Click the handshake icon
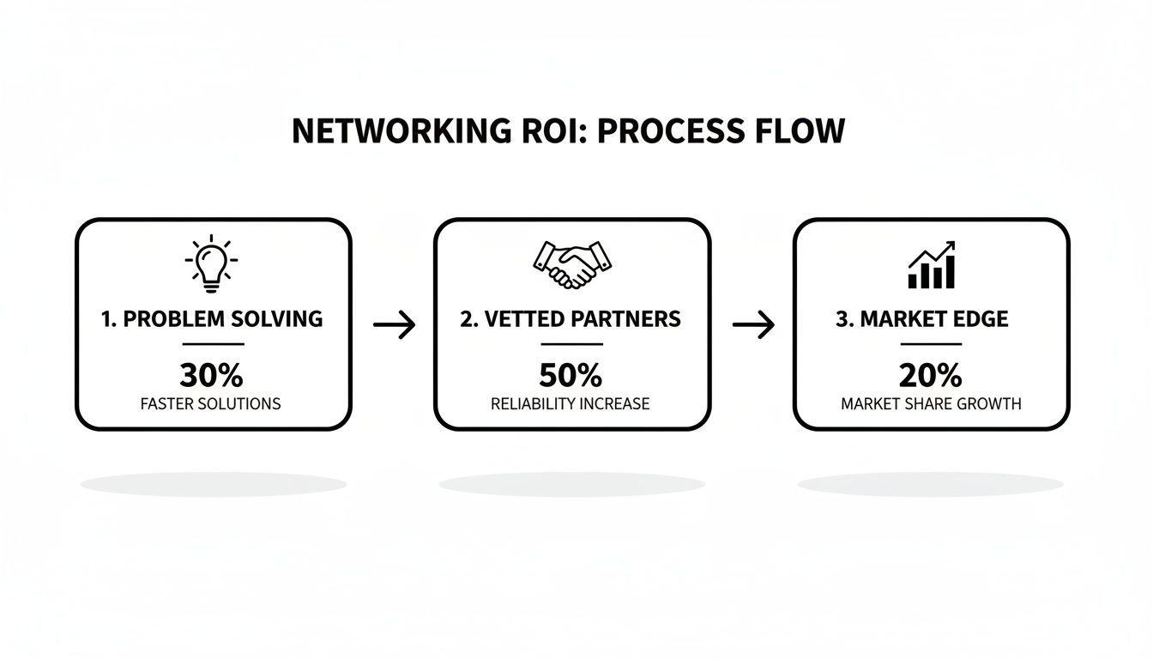tap(571, 264)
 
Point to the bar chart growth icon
tap(932, 266)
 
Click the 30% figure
tap(212, 376)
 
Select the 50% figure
tap(570, 376)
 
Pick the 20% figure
tap(931, 376)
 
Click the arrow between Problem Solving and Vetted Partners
tap(395, 325)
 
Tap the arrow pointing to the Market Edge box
tap(753, 325)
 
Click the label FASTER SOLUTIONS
tap(211, 403)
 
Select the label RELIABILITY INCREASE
tap(570, 403)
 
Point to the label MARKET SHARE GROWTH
tap(931, 403)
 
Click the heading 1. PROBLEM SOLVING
tap(212, 319)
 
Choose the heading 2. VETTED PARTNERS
tap(570, 319)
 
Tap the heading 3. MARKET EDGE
tap(922, 319)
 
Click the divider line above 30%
tap(212, 345)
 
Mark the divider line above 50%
tap(571, 345)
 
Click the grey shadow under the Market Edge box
tap(930, 484)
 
